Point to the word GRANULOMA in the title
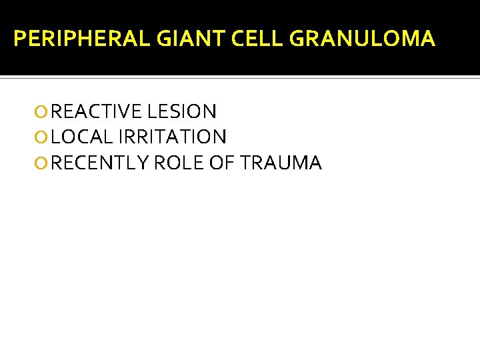click(x=362, y=39)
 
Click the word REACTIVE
click(x=96, y=111)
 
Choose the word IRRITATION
click(x=173, y=137)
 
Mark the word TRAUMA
click(x=283, y=163)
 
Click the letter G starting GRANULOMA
click(x=297, y=39)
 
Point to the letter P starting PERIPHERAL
click(x=19, y=39)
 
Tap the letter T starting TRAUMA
click(x=249, y=163)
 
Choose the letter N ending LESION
click(x=209, y=111)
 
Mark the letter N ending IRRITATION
click(x=219, y=137)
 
